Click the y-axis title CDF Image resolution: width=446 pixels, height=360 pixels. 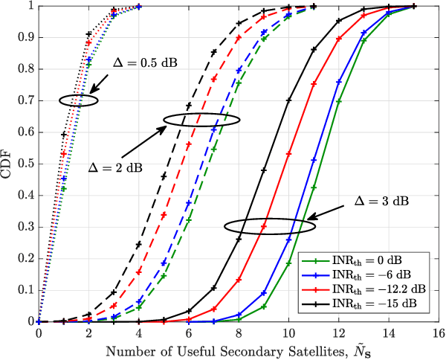click(9, 164)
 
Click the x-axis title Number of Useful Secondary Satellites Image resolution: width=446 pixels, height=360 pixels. click(222, 350)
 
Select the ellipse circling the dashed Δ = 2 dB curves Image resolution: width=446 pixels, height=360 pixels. click(201, 119)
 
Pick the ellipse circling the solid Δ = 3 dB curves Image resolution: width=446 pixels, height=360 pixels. click(264, 224)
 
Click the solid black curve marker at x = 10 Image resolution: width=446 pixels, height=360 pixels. click(288, 100)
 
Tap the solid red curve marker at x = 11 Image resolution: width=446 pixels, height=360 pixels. click(314, 84)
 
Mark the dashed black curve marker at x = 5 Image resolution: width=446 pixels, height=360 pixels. click(164, 176)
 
